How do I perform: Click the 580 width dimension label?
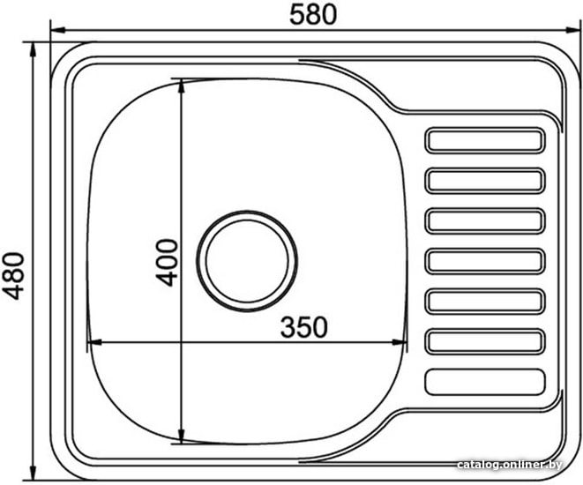[313, 14]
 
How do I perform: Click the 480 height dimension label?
[15, 276]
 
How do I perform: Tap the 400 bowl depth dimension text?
[167, 263]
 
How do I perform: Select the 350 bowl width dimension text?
[304, 327]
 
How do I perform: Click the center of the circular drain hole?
[247, 261]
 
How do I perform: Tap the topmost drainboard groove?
[485, 140]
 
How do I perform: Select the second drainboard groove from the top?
[485, 181]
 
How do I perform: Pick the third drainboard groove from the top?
[485, 221]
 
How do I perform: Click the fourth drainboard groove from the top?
[485, 261]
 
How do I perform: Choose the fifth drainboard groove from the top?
[485, 302]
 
